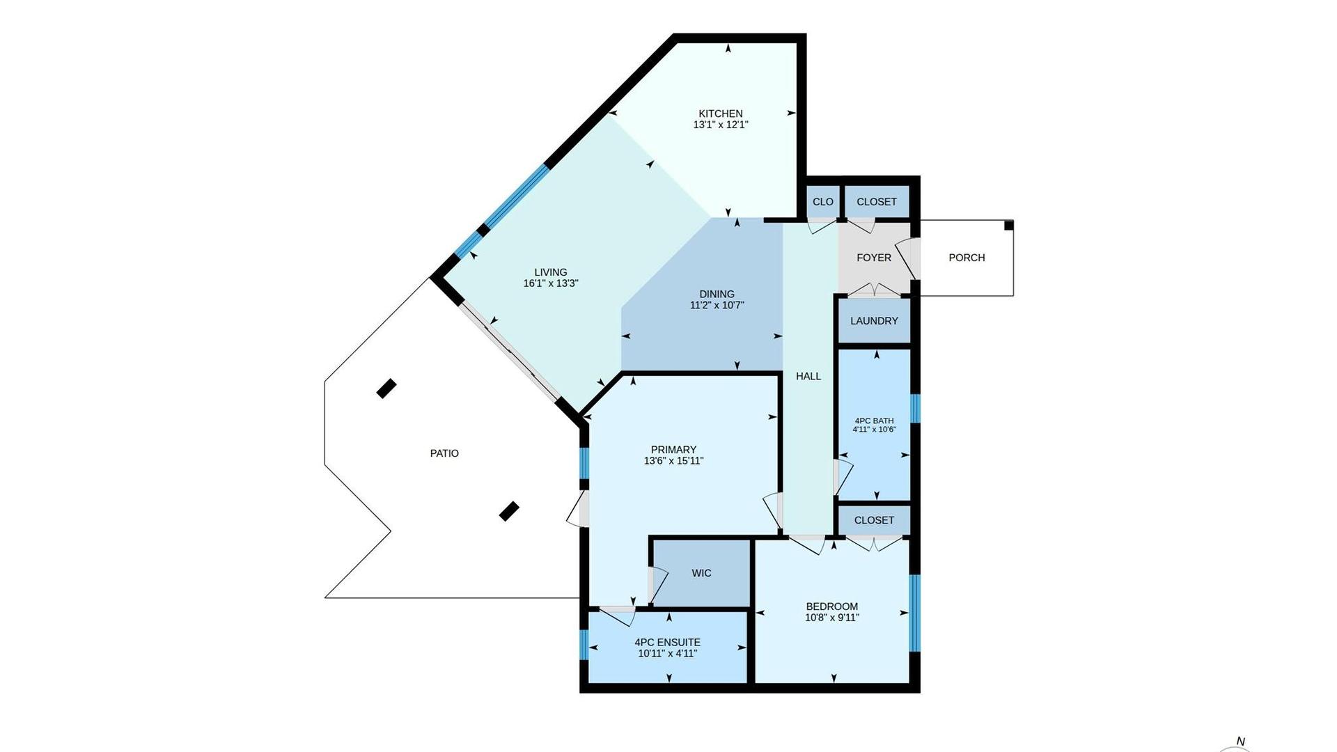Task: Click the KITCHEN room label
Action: pos(721,113)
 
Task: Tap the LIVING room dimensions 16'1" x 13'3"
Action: pos(551,283)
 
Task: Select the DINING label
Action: pos(717,294)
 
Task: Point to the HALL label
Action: pos(808,376)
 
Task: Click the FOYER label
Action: pos(874,258)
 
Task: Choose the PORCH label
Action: pos(967,258)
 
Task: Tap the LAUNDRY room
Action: pos(874,321)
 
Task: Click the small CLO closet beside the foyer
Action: pos(822,202)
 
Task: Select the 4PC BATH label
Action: pos(874,421)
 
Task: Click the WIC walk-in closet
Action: pos(701,573)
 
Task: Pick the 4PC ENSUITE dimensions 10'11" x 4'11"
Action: pos(667,653)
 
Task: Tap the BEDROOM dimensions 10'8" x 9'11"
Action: pos(832,617)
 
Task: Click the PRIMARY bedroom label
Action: pos(673,450)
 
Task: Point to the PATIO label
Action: pos(444,453)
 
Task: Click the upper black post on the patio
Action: pos(386,389)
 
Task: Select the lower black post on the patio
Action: pos(510,511)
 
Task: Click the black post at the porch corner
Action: pos(1009,225)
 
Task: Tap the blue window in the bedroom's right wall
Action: pos(915,613)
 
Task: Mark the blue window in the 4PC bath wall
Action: pos(915,409)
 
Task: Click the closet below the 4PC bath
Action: pos(874,520)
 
